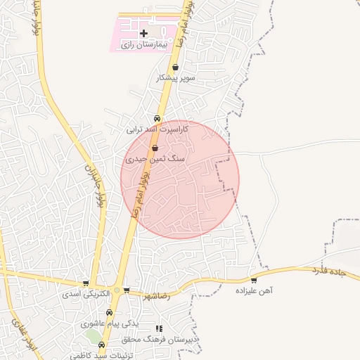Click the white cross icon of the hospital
pos(143,33)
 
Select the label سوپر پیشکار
pos(175,77)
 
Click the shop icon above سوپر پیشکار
pos(175,67)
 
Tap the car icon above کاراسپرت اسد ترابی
pos(157,118)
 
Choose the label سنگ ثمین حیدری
pos(155,159)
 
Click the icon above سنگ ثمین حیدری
pos(155,148)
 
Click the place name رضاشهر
pos(156,296)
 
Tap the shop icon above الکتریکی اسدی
pos(86,283)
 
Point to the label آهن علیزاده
pos(255,290)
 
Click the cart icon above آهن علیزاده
pos(254,280)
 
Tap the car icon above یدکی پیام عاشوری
pos(109,312)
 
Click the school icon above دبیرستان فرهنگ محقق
pos(159,328)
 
